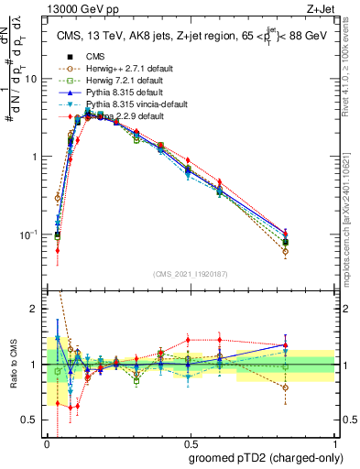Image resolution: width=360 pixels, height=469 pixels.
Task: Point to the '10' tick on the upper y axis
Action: [30, 79]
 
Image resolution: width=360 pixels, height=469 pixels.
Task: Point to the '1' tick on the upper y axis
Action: [35, 157]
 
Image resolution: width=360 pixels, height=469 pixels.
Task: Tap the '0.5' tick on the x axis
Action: [190, 444]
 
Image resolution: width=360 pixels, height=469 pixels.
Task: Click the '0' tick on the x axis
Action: [46, 444]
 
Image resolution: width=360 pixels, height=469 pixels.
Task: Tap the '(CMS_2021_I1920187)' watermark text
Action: [191, 274]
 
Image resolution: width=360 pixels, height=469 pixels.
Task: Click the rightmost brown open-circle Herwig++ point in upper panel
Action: [286, 251]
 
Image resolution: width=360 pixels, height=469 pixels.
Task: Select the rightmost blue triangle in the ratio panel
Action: [286, 345]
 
